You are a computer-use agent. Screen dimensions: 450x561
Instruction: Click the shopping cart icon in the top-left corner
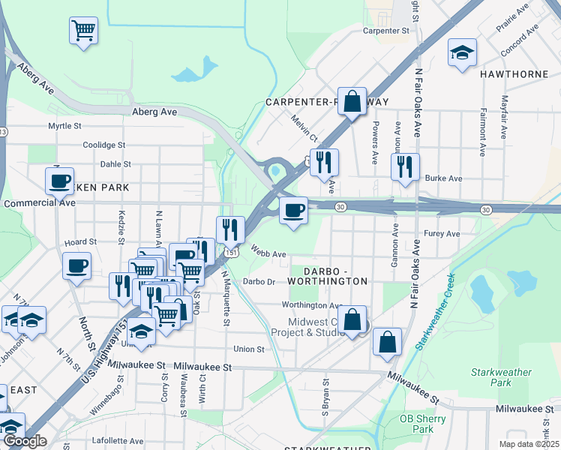coord(84,31)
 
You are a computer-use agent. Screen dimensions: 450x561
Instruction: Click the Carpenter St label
coord(385,31)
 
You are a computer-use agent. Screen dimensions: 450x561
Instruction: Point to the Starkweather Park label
coord(501,377)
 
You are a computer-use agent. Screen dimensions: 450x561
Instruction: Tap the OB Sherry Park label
coord(417,424)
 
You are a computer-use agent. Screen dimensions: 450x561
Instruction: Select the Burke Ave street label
coord(443,178)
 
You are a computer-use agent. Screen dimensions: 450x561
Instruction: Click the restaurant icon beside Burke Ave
coord(405,166)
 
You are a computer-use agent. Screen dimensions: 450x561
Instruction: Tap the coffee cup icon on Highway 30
coord(294,209)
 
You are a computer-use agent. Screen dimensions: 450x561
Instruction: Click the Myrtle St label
coord(64,126)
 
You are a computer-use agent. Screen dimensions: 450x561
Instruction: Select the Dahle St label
coord(115,163)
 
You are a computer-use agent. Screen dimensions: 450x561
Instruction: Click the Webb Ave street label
coord(268,254)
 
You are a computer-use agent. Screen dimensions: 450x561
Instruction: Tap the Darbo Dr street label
coord(259,282)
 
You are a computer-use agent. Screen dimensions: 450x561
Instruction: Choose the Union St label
coord(249,349)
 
